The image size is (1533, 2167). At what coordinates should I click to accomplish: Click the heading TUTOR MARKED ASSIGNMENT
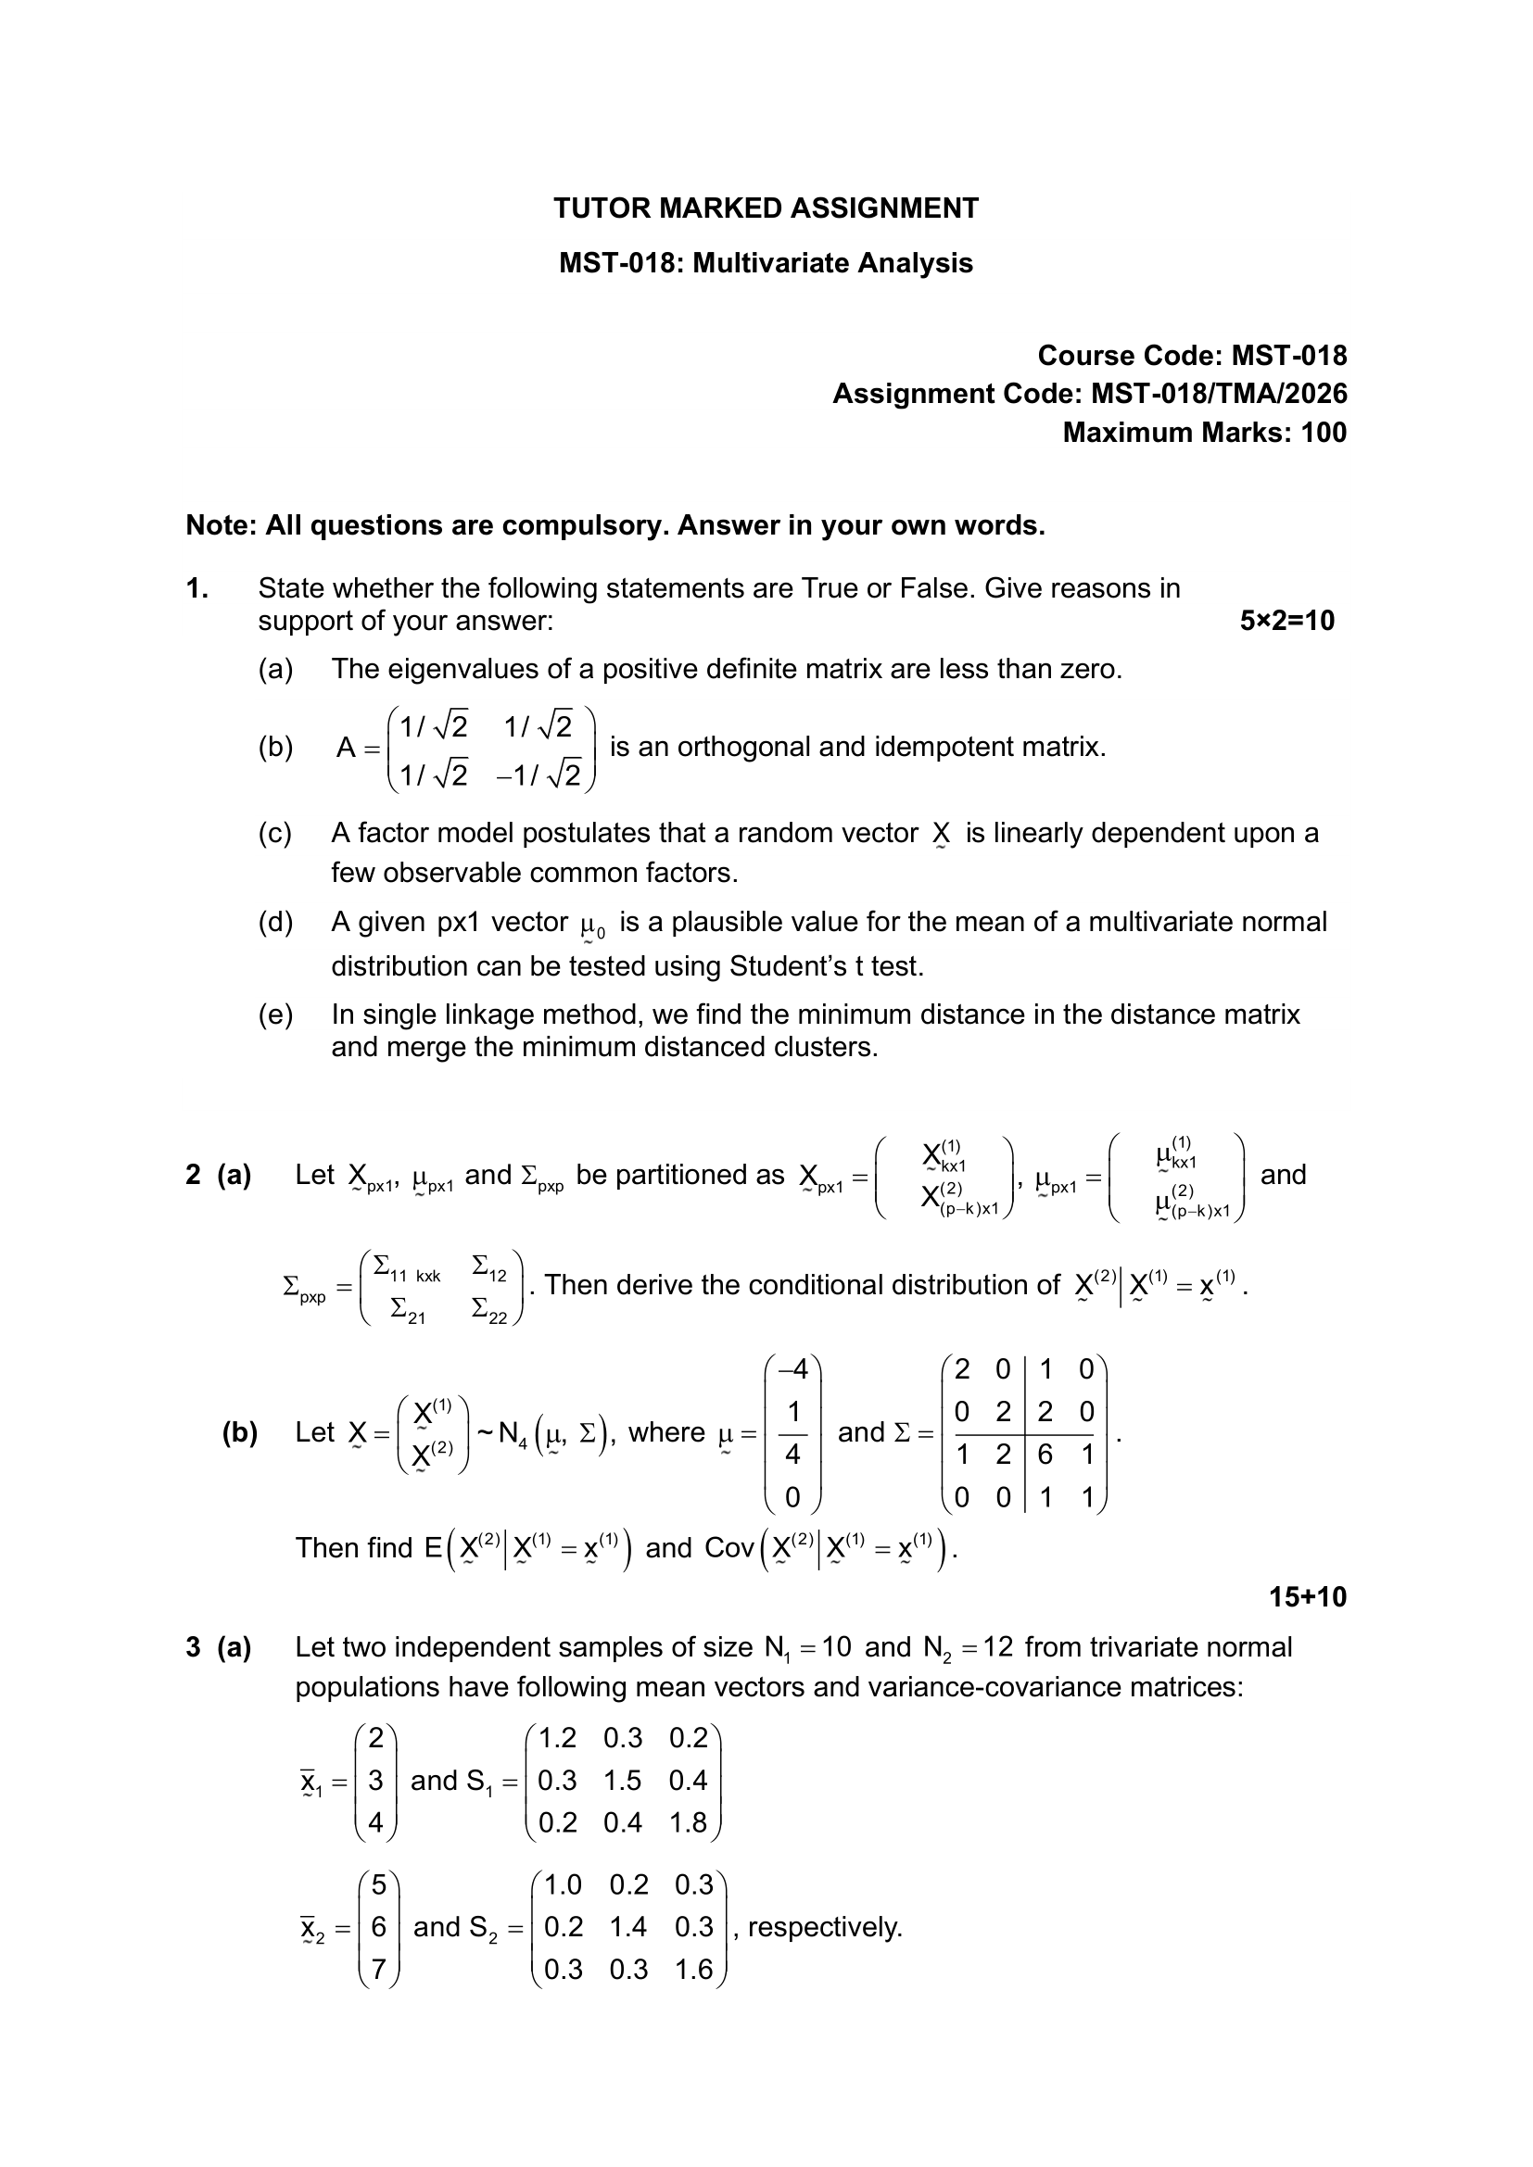click(x=766, y=208)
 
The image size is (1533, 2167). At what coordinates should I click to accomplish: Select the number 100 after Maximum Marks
click(x=1324, y=434)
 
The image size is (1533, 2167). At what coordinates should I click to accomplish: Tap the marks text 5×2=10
click(x=1286, y=621)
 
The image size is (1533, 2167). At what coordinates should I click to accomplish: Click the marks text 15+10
click(x=1308, y=1597)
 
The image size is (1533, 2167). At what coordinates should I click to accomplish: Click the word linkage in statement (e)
click(x=510, y=1014)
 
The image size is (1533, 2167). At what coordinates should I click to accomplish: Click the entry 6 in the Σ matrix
click(x=1045, y=1455)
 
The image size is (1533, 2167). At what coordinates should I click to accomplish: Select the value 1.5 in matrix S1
click(x=622, y=1781)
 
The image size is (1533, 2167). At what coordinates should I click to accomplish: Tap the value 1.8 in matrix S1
click(x=687, y=1822)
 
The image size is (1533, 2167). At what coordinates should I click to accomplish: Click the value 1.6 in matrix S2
click(x=694, y=1970)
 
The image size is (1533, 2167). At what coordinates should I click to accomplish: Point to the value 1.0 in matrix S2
click(x=563, y=1884)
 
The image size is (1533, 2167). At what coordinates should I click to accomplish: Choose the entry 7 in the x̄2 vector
click(x=378, y=1970)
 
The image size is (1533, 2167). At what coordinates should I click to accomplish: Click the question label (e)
click(x=275, y=1014)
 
